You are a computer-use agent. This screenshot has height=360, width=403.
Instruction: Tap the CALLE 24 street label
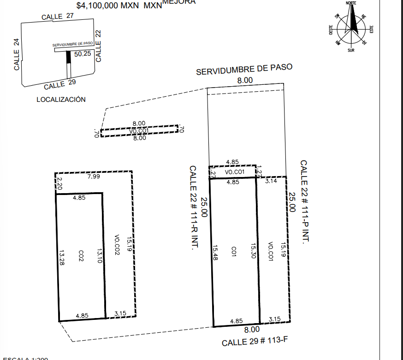(x=17, y=54)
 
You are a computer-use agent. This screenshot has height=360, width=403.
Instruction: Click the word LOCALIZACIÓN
(x=61, y=99)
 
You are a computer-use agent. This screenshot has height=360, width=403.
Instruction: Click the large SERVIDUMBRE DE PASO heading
(x=244, y=70)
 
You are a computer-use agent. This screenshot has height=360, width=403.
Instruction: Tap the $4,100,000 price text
(x=108, y=6)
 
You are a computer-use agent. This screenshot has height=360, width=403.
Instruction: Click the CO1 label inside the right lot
(x=234, y=251)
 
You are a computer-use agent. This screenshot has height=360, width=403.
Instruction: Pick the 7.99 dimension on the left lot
(x=94, y=177)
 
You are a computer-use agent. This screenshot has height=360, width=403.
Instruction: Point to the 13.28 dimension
(x=61, y=258)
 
